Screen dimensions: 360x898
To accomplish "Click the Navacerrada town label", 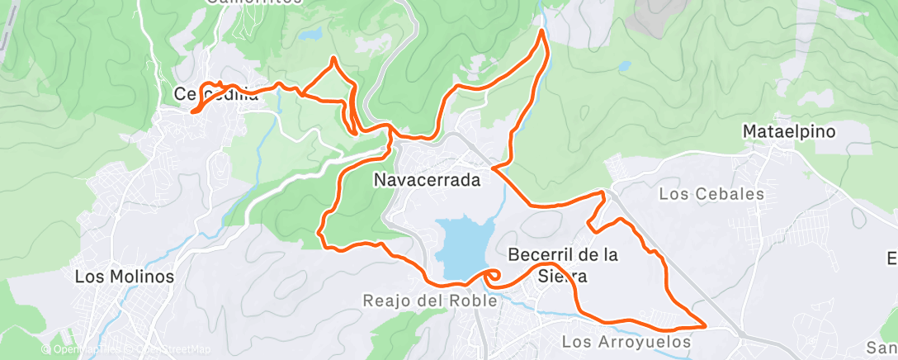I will pos(427,179).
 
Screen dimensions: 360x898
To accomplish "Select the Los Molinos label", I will pos(125,277).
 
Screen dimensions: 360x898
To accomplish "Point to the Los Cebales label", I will pos(711,195).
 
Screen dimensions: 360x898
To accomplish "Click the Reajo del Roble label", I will pos(430,301).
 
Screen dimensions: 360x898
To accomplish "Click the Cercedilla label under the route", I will pos(216,94).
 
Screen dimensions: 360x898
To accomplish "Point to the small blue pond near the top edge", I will pos(311,35).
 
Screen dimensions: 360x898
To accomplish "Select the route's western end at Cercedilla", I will pos(192,111).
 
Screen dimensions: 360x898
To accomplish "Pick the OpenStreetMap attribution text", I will pos(171,349).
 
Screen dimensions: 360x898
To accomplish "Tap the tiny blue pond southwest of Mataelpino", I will pos(625,64).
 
